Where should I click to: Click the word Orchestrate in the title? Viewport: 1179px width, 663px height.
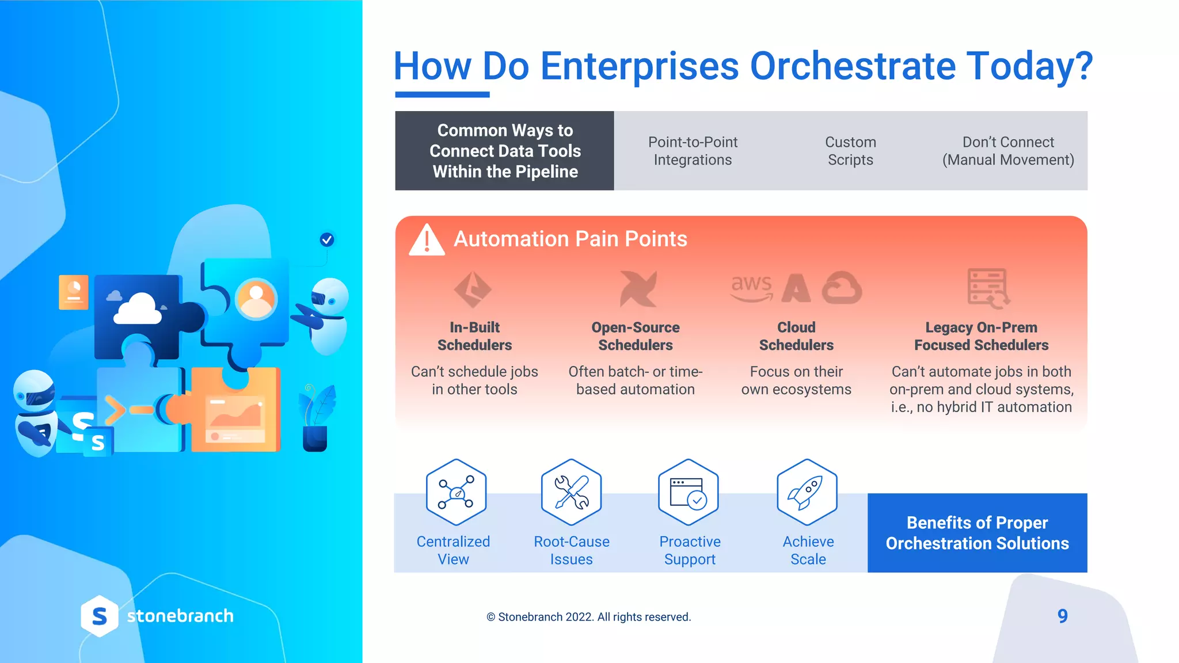coord(851,66)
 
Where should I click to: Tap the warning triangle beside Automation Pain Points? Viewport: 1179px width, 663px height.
coord(426,240)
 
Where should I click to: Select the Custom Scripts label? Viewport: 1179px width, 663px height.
coord(850,151)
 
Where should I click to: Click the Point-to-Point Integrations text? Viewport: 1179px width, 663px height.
coord(693,151)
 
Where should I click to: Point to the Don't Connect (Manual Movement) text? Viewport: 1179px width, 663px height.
coord(1008,151)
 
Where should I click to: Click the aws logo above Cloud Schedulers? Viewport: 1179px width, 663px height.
coord(751,287)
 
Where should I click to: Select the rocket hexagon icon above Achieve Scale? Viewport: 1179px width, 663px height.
coord(807,492)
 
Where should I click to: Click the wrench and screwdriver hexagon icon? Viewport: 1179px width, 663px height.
coord(571,492)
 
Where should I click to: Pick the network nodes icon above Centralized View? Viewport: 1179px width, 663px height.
coord(456,492)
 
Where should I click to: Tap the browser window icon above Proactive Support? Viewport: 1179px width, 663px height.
coord(689,492)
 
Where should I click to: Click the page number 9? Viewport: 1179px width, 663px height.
coord(1062,616)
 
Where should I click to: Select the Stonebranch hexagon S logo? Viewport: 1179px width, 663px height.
coord(100,616)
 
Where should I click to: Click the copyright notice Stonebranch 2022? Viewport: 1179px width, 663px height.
coord(588,617)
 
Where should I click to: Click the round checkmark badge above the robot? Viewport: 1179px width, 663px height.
coord(327,239)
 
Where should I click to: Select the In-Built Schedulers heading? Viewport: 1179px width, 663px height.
coord(474,336)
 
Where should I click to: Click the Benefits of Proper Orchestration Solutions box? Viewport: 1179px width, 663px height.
coord(977,533)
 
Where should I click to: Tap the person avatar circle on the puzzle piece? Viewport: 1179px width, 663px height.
coord(256,299)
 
